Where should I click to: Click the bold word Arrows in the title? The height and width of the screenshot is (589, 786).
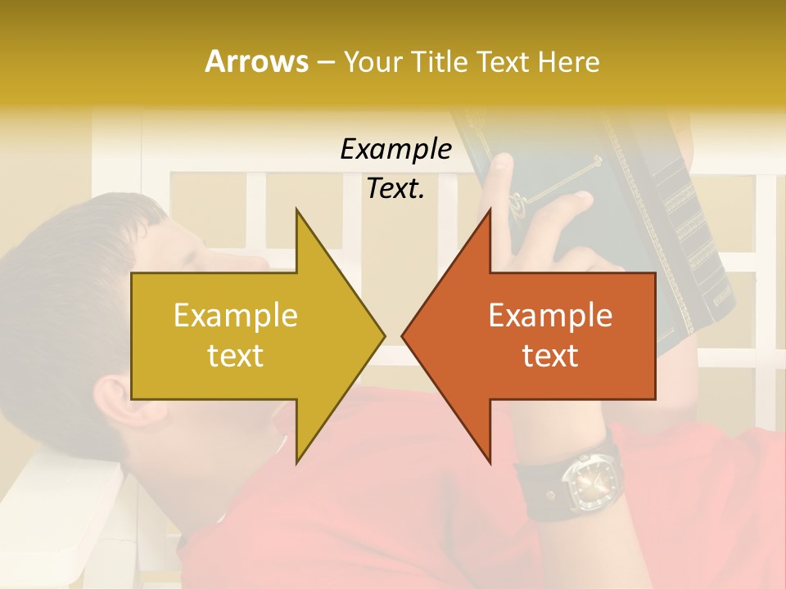pyautogui.click(x=255, y=61)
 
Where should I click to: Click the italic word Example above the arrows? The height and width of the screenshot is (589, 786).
pyautogui.click(x=395, y=149)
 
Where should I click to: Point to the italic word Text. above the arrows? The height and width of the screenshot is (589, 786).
pyautogui.click(x=395, y=188)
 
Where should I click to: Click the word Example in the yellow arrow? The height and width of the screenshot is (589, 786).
pyautogui.click(x=235, y=315)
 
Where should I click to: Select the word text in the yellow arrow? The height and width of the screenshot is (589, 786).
pyautogui.click(x=235, y=355)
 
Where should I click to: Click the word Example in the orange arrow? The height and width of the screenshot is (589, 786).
pyautogui.click(x=550, y=315)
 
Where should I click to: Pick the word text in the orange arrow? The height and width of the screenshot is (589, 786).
pyautogui.click(x=550, y=355)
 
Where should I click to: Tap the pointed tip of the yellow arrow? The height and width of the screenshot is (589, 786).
pyautogui.click(x=384, y=335)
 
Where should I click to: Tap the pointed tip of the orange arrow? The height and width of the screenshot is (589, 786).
pyautogui.click(x=403, y=335)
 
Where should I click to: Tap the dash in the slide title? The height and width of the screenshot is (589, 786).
pyautogui.click(x=325, y=61)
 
